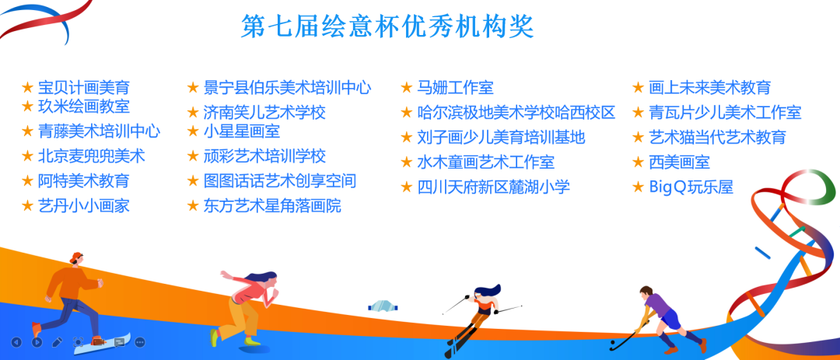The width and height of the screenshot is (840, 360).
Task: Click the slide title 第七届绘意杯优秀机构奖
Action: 387,26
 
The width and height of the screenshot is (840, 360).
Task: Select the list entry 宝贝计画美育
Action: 83,88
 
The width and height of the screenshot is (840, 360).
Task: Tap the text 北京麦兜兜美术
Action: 91,156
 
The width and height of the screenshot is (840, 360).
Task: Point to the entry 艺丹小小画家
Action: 83,205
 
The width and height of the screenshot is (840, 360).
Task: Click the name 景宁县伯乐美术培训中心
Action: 287,87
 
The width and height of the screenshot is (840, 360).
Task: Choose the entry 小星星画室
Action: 242,131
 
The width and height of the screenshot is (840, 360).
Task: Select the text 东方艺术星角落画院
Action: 272,205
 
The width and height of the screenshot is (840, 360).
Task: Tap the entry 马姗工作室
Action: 455,87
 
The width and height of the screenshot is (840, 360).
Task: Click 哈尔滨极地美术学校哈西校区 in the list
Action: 516,113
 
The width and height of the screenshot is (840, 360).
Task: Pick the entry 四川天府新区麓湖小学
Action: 493,187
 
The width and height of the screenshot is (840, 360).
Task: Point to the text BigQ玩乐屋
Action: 691,187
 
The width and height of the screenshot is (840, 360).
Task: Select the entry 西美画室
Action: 679,162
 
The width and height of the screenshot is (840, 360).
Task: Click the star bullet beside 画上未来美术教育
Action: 638,87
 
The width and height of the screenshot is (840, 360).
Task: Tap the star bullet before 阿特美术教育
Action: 27,180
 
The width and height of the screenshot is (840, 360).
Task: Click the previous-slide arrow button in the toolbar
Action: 16,342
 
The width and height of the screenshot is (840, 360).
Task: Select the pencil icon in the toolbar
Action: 58,342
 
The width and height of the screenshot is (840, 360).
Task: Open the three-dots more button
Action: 140,342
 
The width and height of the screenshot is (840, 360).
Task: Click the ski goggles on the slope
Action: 383,306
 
